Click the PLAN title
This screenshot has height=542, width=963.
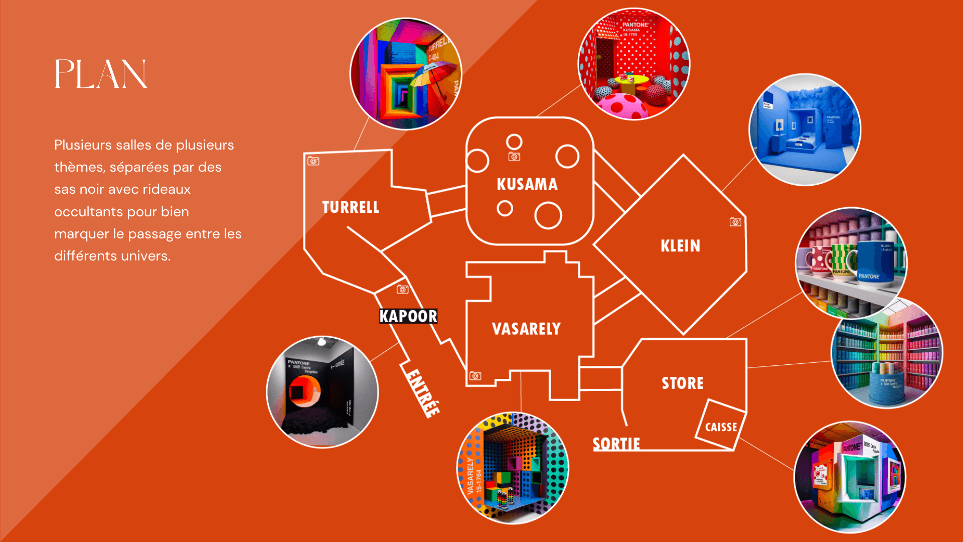click(x=101, y=74)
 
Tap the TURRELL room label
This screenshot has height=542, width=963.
click(x=351, y=207)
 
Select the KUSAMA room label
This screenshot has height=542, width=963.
click(x=527, y=185)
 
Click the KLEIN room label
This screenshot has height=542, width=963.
click(x=681, y=246)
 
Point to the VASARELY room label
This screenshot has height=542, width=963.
click(x=526, y=329)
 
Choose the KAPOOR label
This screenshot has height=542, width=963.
click(x=408, y=316)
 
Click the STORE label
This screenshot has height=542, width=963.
click(x=683, y=383)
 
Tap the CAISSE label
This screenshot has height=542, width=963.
click(x=721, y=428)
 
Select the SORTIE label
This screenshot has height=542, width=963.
click(x=616, y=444)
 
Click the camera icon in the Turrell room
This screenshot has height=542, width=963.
click(x=313, y=161)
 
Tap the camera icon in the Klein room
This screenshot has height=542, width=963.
click(x=735, y=222)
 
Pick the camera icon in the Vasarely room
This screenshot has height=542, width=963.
click(x=475, y=376)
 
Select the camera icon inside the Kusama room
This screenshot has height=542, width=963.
click(x=514, y=157)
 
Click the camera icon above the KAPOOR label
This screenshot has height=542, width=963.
click(x=402, y=290)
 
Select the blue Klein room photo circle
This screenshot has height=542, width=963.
click(x=805, y=129)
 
